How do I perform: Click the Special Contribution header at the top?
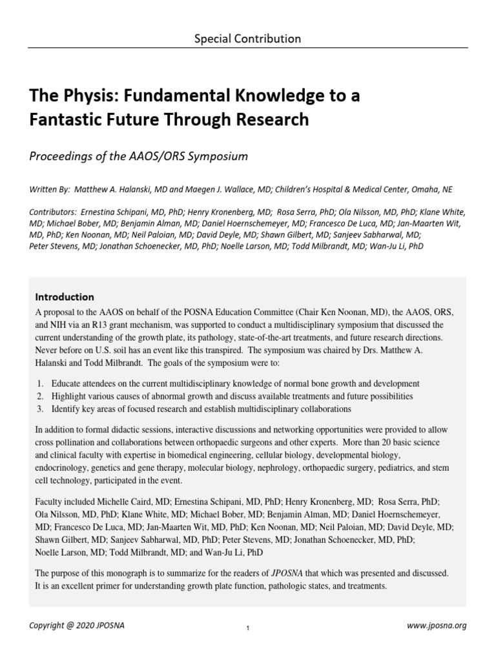coord(248,39)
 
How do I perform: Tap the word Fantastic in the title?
coord(65,119)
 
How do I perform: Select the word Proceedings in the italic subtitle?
coord(61,156)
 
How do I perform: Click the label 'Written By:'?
coord(50,189)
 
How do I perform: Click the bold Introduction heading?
coord(65,297)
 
